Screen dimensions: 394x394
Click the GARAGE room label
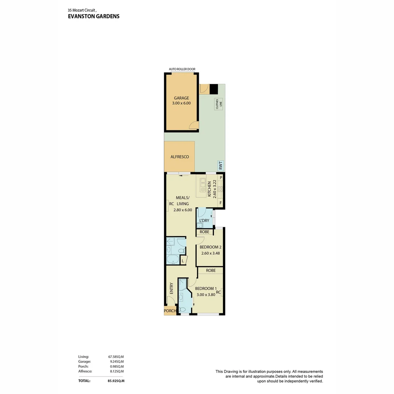pos(181,98)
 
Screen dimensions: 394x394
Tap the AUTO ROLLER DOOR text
pos(182,69)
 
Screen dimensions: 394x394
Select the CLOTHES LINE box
pos(219,104)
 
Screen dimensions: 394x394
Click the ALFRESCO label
pos(179,157)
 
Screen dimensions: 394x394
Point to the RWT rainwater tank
pos(220,165)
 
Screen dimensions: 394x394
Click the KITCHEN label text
pos(209,189)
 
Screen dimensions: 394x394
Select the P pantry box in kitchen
pos(221,178)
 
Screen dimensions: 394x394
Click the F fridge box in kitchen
pos(221,202)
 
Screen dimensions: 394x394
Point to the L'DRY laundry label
pos(204,220)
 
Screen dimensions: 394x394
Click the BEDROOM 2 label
pos(210,247)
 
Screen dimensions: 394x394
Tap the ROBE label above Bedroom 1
pos(210,270)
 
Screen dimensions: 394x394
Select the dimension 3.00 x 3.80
pos(206,295)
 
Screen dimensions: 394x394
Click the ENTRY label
pos(171,289)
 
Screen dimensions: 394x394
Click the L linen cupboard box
pos(183,260)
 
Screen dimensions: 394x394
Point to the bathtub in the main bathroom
pos(172,260)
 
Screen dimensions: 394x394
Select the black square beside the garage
pos(214,89)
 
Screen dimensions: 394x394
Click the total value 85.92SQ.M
pos(116,381)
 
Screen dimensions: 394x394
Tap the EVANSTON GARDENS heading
pos(94,16)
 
